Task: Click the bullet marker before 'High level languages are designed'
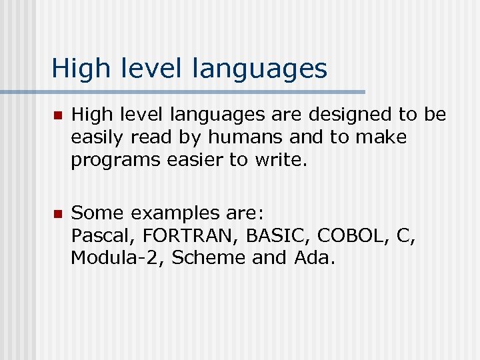click(57, 116)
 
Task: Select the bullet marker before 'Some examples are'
click(57, 214)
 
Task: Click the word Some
click(98, 213)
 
